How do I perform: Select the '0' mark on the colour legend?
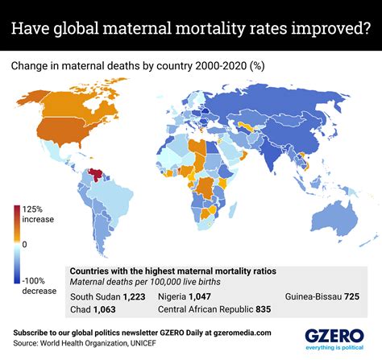(26, 243)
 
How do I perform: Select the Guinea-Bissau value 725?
(352, 296)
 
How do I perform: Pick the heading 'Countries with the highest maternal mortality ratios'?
(176, 271)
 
